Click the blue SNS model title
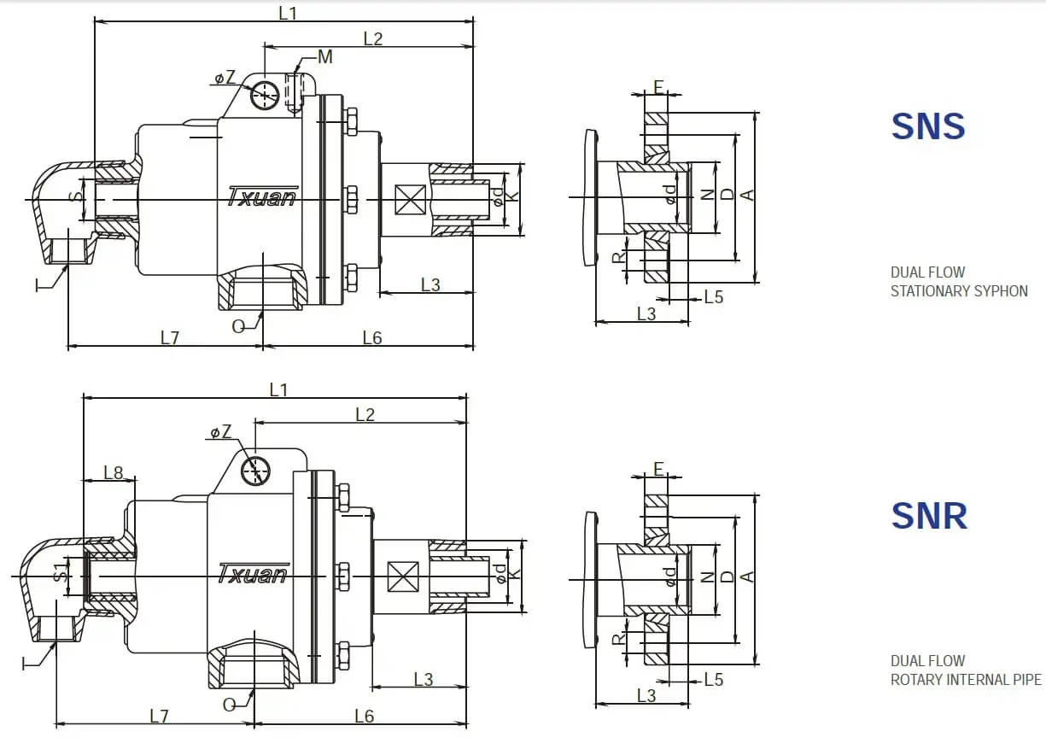coord(928,126)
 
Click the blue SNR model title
coord(929,516)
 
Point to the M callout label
coord(324,57)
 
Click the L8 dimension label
coord(114,472)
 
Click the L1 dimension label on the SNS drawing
coord(288,12)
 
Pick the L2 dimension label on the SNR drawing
coord(365,414)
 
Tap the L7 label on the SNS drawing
coord(170,338)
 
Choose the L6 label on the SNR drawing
coord(364,716)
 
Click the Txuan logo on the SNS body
coord(262,196)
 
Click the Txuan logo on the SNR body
coord(252,573)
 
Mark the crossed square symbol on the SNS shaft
coord(410,202)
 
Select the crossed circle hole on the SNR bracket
coord(255,469)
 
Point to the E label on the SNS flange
coord(658,86)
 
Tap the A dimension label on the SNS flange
coord(748,196)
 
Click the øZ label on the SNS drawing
coord(225,78)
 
